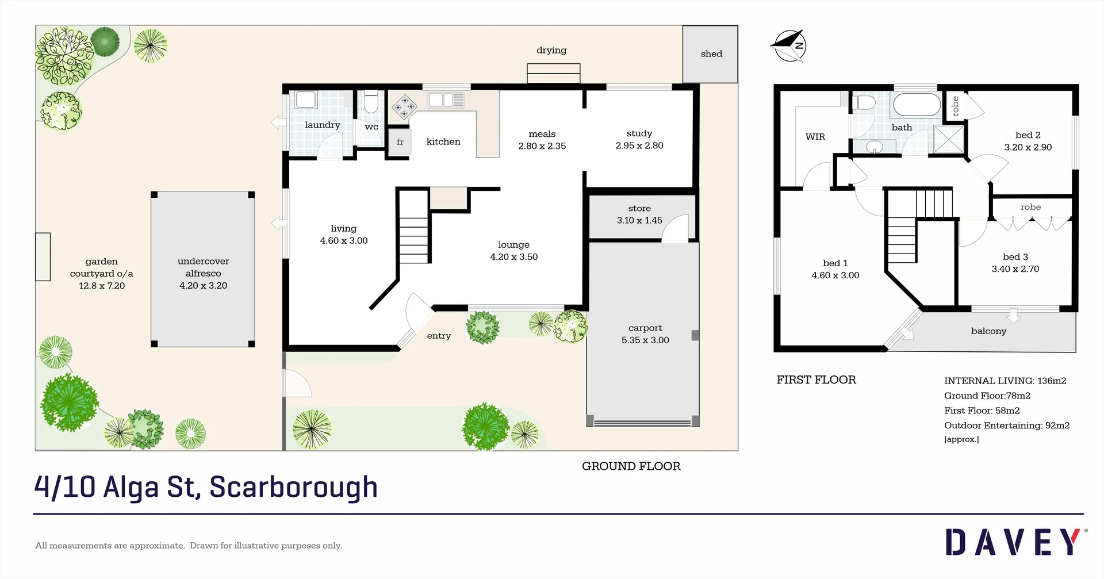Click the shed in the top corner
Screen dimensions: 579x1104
[710, 54]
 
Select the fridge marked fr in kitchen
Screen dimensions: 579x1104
[400, 142]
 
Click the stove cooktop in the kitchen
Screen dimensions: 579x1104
[404, 107]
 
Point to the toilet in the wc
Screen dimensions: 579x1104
[371, 102]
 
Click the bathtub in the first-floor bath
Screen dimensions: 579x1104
[917, 105]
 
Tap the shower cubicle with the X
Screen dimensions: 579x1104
[948, 139]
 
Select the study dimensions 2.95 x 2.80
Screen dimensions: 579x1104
[639, 146]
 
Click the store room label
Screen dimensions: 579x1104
[639, 208]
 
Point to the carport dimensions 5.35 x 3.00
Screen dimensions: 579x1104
[645, 340]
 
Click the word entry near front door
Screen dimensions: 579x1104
[439, 336]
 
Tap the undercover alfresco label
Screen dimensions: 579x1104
[203, 267]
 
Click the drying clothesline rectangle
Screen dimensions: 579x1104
[553, 74]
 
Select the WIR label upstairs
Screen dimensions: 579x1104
[815, 137]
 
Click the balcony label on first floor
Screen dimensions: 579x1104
[988, 331]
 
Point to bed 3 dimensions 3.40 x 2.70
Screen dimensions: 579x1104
[1015, 269]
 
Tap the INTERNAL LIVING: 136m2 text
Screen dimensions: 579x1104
[1005, 381]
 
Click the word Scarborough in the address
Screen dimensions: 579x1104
[293, 487]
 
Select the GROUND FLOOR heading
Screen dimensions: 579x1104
[631, 466]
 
